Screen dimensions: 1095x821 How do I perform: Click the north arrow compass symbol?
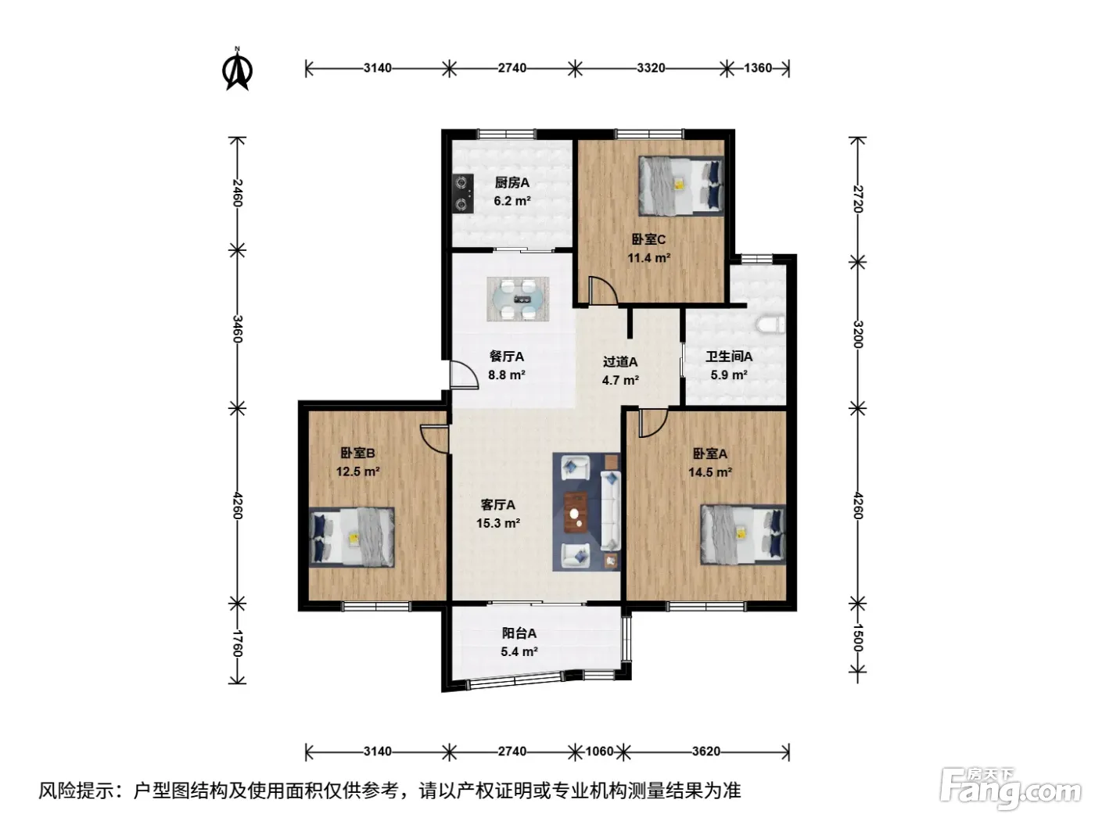[x=237, y=70]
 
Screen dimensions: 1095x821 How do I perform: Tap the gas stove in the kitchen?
[x=463, y=193]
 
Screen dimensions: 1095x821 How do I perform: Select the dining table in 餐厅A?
[x=518, y=299]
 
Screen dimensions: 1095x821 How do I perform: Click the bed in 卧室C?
[x=681, y=186]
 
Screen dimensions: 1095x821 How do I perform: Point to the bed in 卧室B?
[x=352, y=537]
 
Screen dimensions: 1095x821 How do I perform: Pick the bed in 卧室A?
[x=743, y=534]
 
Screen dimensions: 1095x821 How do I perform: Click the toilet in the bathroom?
[x=770, y=324]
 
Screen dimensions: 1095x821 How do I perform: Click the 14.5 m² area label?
[x=710, y=471]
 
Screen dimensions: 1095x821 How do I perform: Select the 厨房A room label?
[x=512, y=182]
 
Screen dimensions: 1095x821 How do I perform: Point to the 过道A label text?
[x=620, y=362]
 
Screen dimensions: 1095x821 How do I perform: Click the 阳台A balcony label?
[x=519, y=633]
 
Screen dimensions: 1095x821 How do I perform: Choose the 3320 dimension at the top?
[x=651, y=68]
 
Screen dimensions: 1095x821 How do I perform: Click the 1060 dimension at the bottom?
[x=599, y=751]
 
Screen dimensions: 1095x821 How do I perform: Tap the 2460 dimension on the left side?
[x=238, y=192]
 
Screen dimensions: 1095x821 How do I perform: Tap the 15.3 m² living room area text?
[x=498, y=523]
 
